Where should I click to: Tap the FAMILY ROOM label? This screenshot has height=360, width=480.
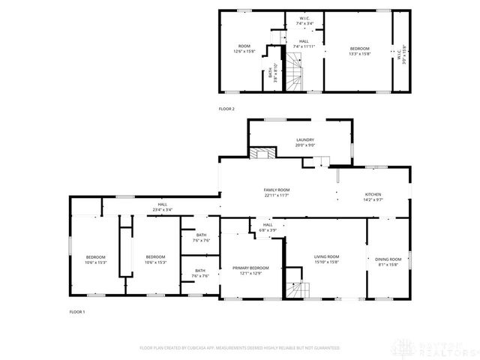pyautogui.click(x=276, y=192)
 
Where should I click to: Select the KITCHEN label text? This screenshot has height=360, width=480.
pyautogui.click(x=373, y=196)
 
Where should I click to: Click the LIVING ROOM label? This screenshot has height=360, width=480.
pyautogui.click(x=326, y=259)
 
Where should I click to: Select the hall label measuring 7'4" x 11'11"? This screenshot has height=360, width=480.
pyautogui.click(x=304, y=44)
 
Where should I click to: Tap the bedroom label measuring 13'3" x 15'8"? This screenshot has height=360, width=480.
pyautogui.click(x=359, y=51)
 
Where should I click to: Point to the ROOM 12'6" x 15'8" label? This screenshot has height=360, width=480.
pyautogui.click(x=244, y=49)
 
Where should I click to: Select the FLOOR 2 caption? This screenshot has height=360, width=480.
pyautogui.click(x=226, y=109)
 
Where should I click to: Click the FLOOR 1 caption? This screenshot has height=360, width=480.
pyautogui.click(x=77, y=311)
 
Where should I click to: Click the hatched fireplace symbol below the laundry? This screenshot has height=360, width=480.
pyautogui.click(x=261, y=154)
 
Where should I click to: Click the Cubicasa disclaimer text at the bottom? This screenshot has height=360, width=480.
pyautogui.click(x=239, y=348)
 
